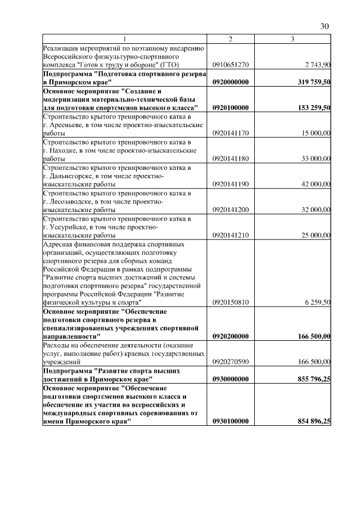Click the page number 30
pyautogui.click(x=325, y=26)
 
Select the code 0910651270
pyautogui.click(x=231, y=65)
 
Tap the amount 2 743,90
pyautogui.click(x=316, y=65)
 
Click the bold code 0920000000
pyautogui.click(x=231, y=82)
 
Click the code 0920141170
pyautogui.click(x=231, y=133)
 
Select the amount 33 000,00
pyautogui.click(x=315, y=159)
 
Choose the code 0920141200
pyautogui.click(x=231, y=210)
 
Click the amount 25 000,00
pyautogui.click(x=315, y=235)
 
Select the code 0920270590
pyautogui.click(x=231, y=362)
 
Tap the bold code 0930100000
pyautogui.click(x=231, y=421)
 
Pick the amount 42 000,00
pyautogui.click(x=315, y=184)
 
